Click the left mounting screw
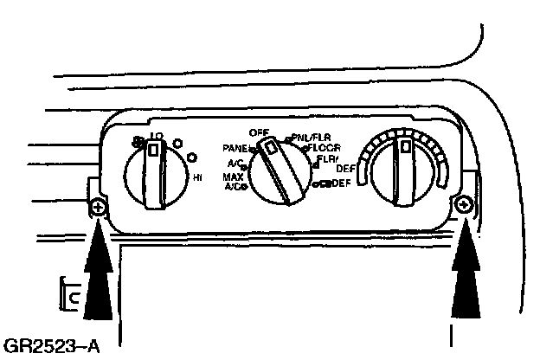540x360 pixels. pyautogui.click(x=98, y=209)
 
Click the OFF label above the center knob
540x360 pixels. pyautogui.click(x=258, y=132)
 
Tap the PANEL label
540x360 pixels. pyautogui.click(x=235, y=147)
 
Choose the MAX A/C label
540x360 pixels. pyautogui.click(x=234, y=181)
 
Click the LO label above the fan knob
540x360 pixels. pyautogui.click(x=157, y=137)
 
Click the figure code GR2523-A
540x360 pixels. pyautogui.click(x=51, y=348)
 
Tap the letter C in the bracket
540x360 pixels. pyautogui.click(x=74, y=298)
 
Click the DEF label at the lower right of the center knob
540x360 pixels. pyautogui.click(x=340, y=183)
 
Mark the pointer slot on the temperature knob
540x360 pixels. pyautogui.click(x=403, y=155)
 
